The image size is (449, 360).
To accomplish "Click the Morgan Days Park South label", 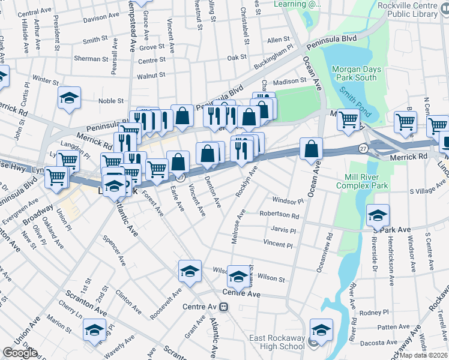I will click(355, 73).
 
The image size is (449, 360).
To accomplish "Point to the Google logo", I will click(19, 353).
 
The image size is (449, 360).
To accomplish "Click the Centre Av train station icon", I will click(223, 307).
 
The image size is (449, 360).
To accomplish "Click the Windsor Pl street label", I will click(289, 200).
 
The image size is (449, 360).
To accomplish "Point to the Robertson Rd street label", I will click(279, 214).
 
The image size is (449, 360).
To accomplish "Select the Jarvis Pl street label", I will click(283, 230).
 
